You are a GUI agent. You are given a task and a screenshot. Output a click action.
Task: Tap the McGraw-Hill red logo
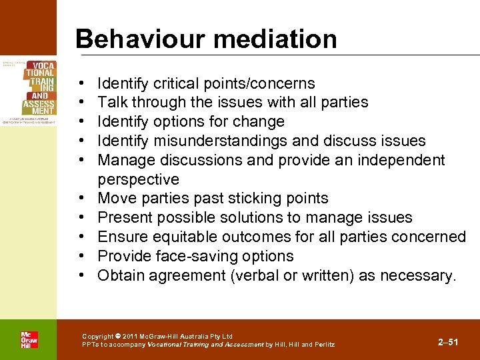point(29,339)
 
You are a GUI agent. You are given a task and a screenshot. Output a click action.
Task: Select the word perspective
point(138,179)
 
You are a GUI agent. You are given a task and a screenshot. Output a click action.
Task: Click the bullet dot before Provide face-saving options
point(80,256)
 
